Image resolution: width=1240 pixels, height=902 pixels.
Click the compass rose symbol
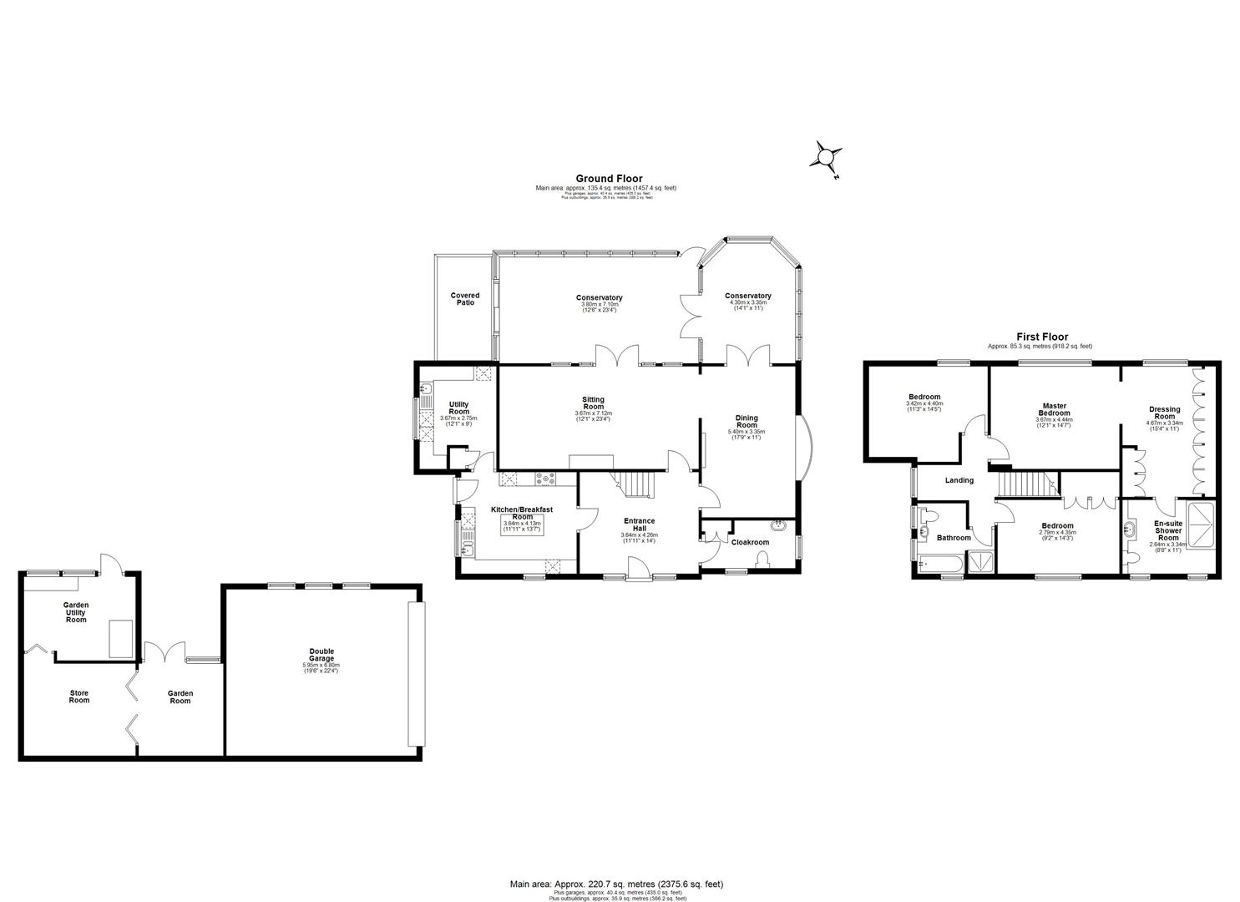827,156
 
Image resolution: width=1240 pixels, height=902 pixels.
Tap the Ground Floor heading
609,178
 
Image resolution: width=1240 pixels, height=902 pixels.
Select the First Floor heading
1041,337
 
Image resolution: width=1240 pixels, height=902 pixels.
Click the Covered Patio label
465,298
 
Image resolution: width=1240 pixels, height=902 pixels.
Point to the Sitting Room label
593,403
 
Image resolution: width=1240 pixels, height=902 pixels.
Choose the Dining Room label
747,421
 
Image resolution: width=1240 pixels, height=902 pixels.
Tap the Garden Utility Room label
76,612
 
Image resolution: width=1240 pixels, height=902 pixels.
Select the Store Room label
78,697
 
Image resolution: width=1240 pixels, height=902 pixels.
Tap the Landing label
959,480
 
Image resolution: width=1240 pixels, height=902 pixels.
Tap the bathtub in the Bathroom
939,565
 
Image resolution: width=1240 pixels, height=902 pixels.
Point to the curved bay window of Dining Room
804,447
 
